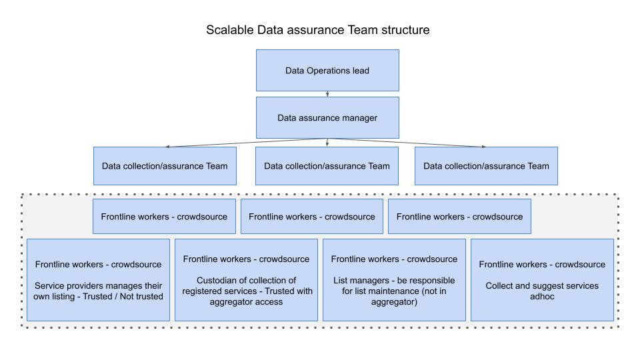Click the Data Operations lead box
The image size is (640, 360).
coord(327,70)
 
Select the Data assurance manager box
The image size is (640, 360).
coord(327,118)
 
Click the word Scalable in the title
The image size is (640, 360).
coord(229,30)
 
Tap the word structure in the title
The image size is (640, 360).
coord(406,30)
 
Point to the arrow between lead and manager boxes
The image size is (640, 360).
coord(327,94)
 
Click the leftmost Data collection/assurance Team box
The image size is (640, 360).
coord(165,165)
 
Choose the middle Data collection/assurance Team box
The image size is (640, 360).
coord(327,165)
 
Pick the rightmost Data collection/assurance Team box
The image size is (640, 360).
coord(486,165)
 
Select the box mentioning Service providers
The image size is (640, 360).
coord(98,280)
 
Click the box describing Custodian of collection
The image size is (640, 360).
coord(246,280)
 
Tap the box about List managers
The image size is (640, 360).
coord(394,280)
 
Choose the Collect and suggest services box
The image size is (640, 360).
coord(542,280)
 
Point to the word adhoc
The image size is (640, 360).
coord(542,297)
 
